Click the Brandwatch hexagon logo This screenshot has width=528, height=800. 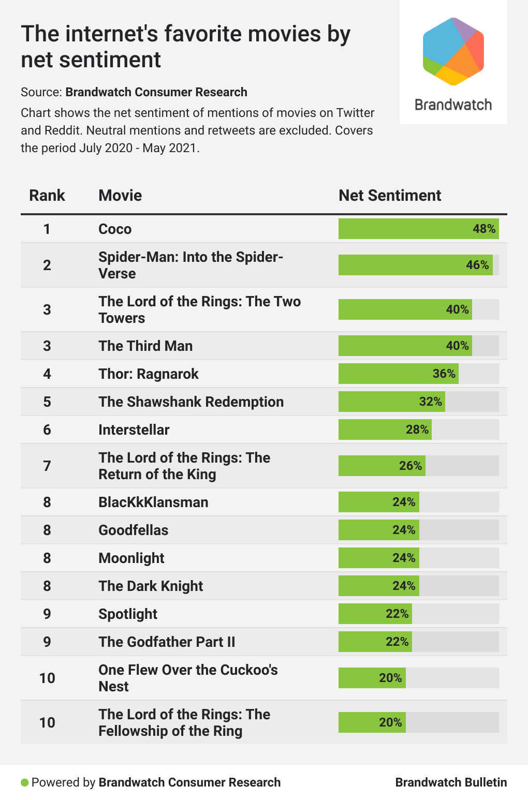[453, 51]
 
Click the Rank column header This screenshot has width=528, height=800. [47, 196]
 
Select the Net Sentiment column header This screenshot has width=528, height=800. [389, 196]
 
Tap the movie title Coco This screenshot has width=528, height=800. [115, 229]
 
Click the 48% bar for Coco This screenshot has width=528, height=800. [418, 229]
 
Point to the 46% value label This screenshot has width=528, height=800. [477, 265]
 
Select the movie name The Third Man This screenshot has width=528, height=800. [145, 346]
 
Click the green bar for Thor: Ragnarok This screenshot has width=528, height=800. [398, 374]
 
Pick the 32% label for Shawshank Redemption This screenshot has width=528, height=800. [431, 402]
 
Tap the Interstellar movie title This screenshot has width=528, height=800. [134, 430]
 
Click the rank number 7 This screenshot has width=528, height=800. [47, 466]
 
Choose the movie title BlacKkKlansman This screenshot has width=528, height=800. [153, 502]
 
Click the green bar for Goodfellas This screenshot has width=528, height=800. [378, 530]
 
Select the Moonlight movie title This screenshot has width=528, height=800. [131, 558]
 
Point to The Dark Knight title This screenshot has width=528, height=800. [151, 586]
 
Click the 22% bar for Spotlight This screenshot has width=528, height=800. [375, 614]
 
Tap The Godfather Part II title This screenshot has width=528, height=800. [167, 642]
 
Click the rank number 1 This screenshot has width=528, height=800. [47, 229]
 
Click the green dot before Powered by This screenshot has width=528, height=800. [24, 782]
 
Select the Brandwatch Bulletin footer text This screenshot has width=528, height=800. [451, 782]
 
